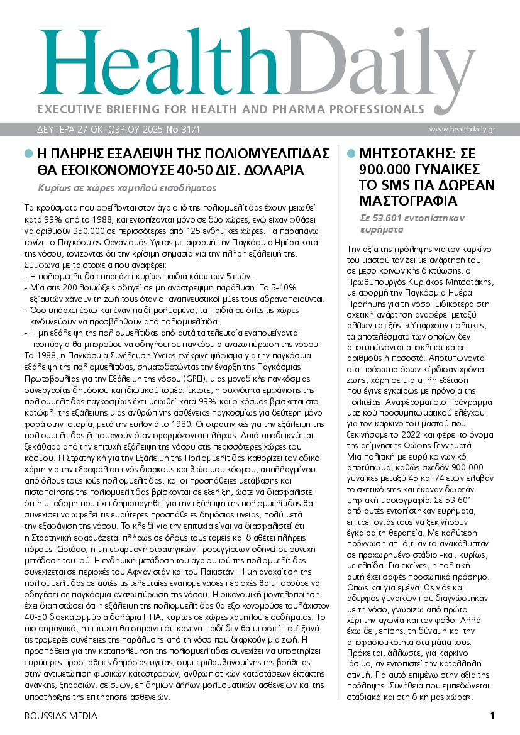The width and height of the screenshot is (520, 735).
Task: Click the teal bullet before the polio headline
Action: (28, 153)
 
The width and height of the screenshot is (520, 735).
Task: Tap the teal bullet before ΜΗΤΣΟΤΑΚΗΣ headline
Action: (351, 153)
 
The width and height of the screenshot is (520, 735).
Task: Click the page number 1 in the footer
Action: (492, 716)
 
